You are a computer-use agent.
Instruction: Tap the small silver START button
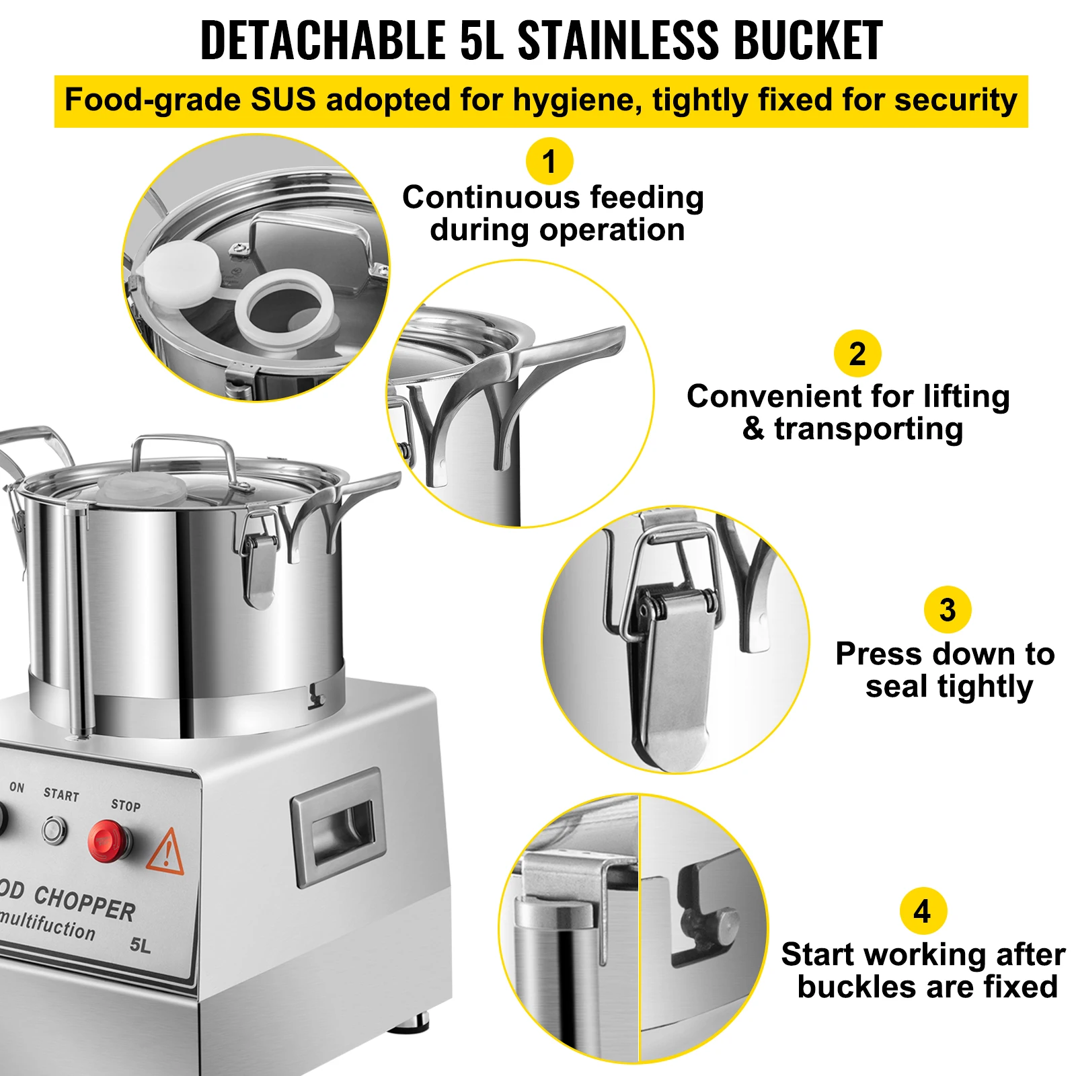click(x=54, y=829)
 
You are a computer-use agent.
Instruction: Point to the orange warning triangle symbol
click(x=166, y=853)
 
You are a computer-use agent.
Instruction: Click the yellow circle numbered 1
click(x=549, y=161)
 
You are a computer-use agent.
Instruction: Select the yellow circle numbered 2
click(x=857, y=354)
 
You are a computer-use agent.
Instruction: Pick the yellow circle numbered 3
click(x=947, y=610)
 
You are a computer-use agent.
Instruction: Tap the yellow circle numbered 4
click(x=923, y=911)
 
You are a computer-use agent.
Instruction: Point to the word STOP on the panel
click(x=126, y=805)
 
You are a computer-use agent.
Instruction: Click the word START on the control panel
click(x=61, y=795)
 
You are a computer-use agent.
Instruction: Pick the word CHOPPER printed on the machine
click(x=85, y=903)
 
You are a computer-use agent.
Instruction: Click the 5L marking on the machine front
click(x=141, y=946)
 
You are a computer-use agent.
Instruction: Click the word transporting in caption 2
click(x=868, y=429)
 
